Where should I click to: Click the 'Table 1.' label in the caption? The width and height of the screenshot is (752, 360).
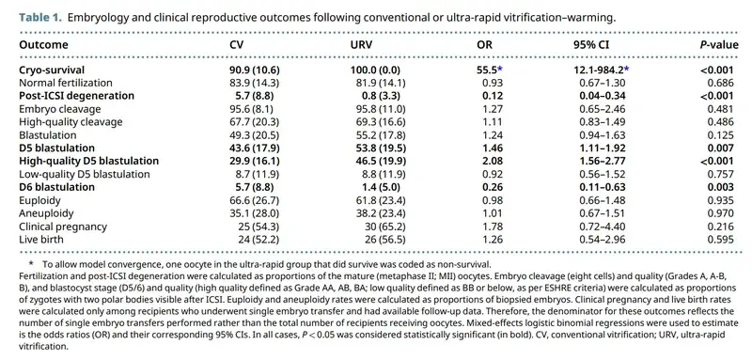(40, 18)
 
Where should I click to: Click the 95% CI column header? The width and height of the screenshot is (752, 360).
(592, 45)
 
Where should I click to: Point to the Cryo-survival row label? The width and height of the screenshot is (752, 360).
(52, 70)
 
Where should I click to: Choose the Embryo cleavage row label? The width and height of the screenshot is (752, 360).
(60, 108)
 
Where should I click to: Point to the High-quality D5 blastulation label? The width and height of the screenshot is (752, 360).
(88, 161)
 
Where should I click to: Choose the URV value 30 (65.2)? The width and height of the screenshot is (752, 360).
(384, 226)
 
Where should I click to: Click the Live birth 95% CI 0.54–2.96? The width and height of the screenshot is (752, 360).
(602, 239)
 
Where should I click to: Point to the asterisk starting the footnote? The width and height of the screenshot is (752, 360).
(32, 263)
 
